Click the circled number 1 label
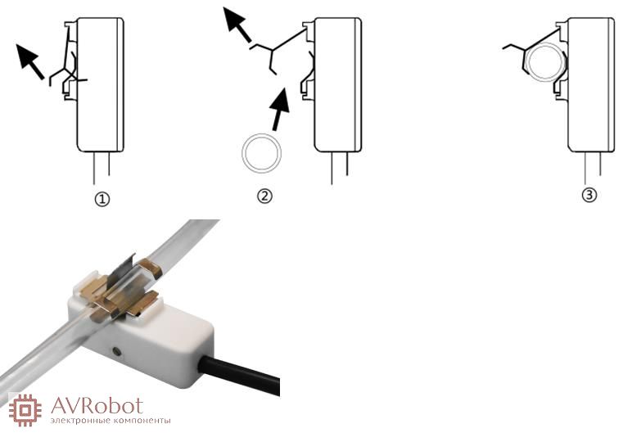point(102,199)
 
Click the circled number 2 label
point(264,196)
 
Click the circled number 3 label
point(589,195)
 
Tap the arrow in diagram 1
point(29,61)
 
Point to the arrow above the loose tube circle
point(280,109)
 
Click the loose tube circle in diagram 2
point(262,154)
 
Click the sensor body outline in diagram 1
point(101,84)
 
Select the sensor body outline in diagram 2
point(338,84)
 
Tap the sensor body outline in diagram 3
point(591,84)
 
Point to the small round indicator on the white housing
point(117,351)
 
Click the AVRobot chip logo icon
point(25,410)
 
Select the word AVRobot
point(97,406)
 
